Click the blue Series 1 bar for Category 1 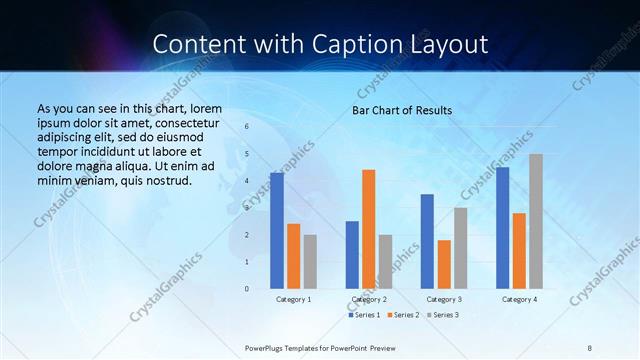pyautogui.click(x=277, y=230)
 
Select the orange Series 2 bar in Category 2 pyautogui.click(x=369, y=228)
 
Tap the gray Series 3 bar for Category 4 pyautogui.click(x=536, y=221)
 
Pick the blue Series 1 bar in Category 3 pyautogui.click(x=427, y=241)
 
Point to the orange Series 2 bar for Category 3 pyautogui.click(x=444, y=264)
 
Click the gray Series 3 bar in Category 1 pyautogui.click(x=310, y=261)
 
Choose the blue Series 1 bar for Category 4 pyautogui.click(x=502, y=227)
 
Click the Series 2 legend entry pyautogui.click(x=403, y=315)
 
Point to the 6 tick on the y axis pyautogui.click(x=247, y=127)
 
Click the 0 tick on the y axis pyautogui.click(x=247, y=289)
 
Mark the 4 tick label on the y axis pyautogui.click(x=247, y=181)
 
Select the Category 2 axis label pyautogui.click(x=369, y=299)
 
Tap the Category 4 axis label pyautogui.click(x=519, y=299)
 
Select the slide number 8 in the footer pyautogui.click(x=590, y=347)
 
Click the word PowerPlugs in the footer pyautogui.click(x=268, y=347)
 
